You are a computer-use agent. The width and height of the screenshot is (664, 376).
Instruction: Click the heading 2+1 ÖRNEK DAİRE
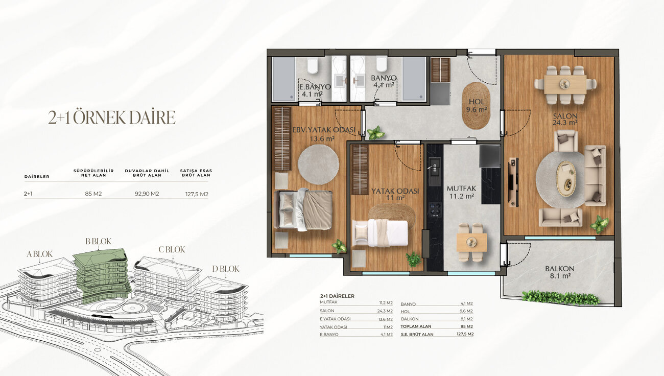(112, 118)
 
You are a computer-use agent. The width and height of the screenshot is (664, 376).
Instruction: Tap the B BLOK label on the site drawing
(99, 241)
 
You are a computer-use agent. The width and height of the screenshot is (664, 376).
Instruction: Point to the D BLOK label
(226, 269)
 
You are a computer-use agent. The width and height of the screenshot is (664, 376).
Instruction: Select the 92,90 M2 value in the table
(147, 194)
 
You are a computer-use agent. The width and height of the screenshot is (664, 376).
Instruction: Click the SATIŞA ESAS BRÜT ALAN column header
(196, 173)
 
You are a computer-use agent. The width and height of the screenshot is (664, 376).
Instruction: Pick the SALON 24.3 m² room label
(565, 119)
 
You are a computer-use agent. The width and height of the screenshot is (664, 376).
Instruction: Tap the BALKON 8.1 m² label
(560, 272)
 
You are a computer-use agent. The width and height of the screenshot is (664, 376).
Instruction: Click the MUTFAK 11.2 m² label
(461, 192)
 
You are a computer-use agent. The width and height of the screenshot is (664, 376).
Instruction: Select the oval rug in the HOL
(476, 106)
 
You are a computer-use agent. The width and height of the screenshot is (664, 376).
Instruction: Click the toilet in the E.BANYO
(313, 66)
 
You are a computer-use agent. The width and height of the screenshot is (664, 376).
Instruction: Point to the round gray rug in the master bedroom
(318, 165)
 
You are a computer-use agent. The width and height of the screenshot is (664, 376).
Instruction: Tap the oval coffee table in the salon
(566, 178)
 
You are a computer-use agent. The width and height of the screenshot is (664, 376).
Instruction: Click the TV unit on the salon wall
(513, 182)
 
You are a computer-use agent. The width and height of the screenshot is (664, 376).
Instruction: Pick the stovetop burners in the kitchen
(435, 209)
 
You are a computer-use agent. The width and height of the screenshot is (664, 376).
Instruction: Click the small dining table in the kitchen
(471, 242)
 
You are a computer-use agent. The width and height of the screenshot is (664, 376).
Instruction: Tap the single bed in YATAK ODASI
(380, 233)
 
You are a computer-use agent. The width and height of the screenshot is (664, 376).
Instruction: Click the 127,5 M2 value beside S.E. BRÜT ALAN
(465, 334)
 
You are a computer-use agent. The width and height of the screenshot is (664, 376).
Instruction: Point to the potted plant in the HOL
(375, 133)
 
